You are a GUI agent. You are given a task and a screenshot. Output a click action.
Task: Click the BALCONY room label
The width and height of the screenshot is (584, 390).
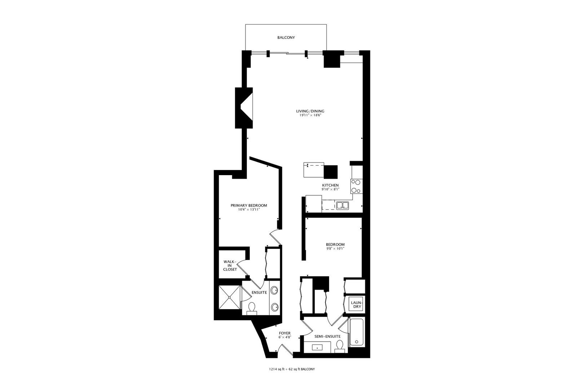pos(286,38)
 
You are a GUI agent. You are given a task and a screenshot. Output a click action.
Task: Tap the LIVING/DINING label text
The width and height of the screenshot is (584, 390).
pos(310,111)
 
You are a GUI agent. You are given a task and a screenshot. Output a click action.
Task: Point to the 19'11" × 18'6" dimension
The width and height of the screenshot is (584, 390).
pos(310,115)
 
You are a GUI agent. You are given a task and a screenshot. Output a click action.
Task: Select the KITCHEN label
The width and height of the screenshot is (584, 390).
pos(330,185)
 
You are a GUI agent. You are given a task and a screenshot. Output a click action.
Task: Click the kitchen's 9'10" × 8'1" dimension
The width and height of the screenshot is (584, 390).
pos(330,189)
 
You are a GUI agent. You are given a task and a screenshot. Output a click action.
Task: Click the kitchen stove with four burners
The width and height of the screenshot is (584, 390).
pos(357,186)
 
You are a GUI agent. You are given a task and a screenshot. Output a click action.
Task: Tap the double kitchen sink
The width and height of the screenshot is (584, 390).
pos(342,205)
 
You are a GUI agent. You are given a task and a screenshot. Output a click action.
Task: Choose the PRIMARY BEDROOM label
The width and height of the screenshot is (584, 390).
pos(249,205)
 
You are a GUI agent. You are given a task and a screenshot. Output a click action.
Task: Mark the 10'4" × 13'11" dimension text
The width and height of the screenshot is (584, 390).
pos(249,209)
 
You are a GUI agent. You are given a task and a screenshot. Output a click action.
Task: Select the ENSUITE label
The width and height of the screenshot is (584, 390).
pos(259,292)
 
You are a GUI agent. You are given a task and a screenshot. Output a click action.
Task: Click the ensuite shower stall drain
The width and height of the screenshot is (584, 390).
pos(229,297)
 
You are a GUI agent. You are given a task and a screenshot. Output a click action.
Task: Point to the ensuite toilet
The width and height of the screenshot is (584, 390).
pos(252,309)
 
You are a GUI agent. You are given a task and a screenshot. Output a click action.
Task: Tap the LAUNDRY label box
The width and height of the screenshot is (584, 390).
pos(356,304)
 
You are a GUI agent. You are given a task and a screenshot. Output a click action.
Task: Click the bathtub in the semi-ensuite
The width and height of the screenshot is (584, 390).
pos(357,332)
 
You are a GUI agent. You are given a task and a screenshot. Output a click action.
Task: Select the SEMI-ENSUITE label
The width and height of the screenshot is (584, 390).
pos(327,337)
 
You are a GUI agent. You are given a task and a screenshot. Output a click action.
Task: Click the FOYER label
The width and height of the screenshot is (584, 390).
pos(285,333)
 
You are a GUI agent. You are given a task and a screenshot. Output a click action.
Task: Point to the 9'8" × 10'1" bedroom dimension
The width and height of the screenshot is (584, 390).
pos(335,249)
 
